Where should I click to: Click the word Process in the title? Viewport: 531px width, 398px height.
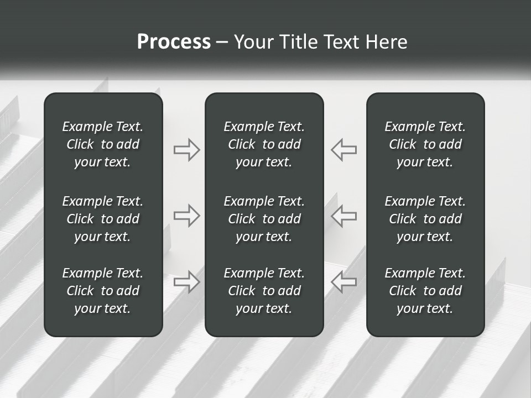174,42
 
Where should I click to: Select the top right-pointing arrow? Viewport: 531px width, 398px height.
187,150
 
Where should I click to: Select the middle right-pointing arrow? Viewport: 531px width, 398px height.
187,216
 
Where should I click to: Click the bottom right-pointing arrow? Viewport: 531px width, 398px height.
187,281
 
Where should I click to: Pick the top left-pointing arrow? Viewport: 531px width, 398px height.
344,150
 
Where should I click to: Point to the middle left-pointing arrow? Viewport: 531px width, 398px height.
344,216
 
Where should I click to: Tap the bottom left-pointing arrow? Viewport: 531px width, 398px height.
344,281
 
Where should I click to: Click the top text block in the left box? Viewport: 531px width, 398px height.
103,144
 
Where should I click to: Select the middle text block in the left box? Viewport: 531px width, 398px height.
103,219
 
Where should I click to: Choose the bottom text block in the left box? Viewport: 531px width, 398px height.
103,291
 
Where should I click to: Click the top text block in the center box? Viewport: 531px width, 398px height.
264,144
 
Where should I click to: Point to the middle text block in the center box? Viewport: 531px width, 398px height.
264,219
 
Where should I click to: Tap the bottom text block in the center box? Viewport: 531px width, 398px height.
264,291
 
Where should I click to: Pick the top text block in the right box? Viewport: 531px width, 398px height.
425,144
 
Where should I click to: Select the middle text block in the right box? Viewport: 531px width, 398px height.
425,219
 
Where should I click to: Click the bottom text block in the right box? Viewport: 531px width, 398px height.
425,291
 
